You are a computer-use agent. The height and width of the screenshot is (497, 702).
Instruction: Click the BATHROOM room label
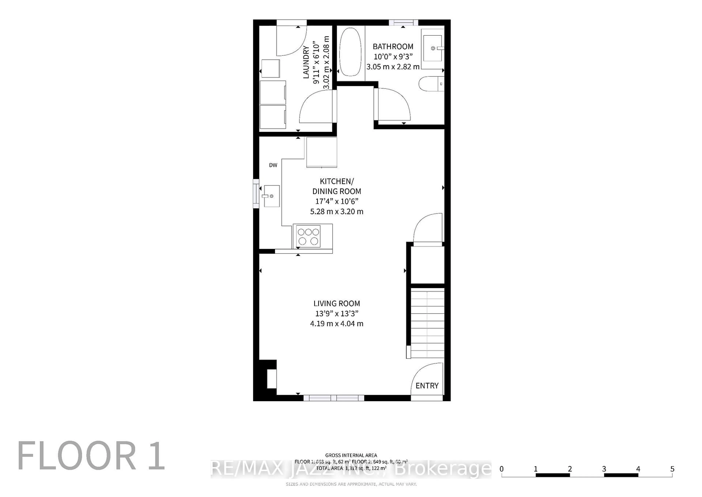(x=393, y=46)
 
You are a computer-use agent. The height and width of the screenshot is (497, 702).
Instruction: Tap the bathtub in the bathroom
(x=350, y=52)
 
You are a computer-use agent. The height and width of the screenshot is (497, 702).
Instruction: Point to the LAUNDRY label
(x=306, y=62)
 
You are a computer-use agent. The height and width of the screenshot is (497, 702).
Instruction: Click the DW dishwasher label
(x=273, y=165)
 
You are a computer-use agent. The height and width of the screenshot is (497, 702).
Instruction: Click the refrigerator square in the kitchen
(x=322, y=152)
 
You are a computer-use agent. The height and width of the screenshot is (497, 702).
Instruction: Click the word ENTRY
(x=427, y=386)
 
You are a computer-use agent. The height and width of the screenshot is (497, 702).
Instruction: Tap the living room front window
(x=334, y=398)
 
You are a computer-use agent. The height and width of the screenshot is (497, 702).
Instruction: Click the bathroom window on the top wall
(x=403, y=22)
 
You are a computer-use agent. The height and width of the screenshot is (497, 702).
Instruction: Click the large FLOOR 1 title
(x=91, y=456)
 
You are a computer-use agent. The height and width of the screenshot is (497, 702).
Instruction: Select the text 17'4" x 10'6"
(x=337, y=201)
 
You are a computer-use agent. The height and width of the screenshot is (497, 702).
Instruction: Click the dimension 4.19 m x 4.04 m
(x=337, y=324)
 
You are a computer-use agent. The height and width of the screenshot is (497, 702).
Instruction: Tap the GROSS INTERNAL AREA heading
(x=351, y=455)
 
